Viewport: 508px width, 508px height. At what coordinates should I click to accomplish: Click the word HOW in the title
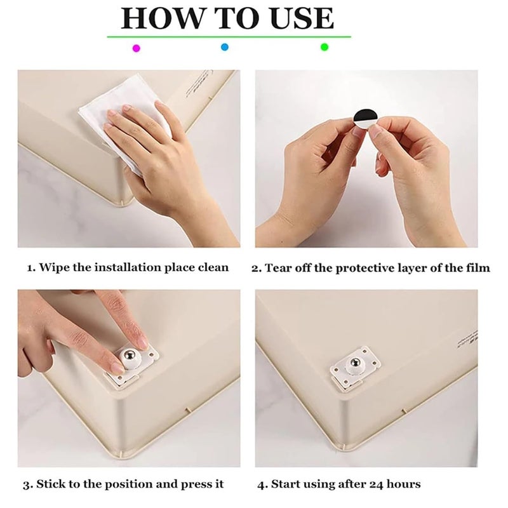tap(154, 18)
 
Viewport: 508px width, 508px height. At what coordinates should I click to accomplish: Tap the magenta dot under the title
tap(135, 48)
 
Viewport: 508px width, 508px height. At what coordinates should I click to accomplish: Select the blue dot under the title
tap(224, 47)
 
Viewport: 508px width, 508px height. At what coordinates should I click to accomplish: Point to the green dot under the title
tap(324, 47)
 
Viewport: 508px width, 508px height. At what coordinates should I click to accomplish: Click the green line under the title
tap(229, 37)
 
